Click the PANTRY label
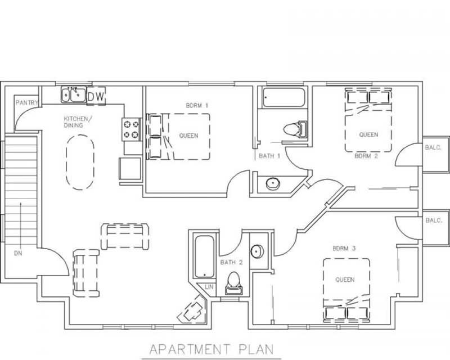point(26,102)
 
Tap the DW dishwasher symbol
point(96,96)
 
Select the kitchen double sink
point(73,95)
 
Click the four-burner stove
point(132,128)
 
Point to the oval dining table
point(80,163)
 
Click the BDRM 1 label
point(197,105)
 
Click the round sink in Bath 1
point(272,183)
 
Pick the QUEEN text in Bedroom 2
point(368,135)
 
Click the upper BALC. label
point(434,148)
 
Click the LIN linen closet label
point(209,287)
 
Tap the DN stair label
point(18,253)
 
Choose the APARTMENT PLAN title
point(211,348)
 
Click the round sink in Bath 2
point(256,251)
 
